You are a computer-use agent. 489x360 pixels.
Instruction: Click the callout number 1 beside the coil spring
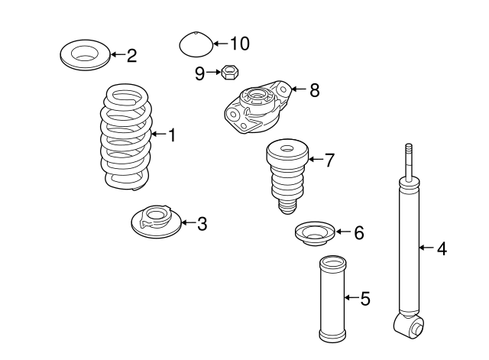[x=172, y=135]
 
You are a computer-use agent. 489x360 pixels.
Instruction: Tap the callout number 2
[x=131, y=54]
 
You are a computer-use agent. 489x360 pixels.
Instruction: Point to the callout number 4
[x=441, y=248]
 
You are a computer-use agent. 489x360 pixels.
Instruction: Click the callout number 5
[x=364, y=298]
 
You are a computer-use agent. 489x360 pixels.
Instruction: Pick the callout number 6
[x=358, y=232]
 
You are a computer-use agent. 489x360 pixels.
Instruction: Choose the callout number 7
[x=329, y=160]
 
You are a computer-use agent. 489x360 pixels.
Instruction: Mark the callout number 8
[x=314, y=90]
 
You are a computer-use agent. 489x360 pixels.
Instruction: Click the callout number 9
[x=199, y=73]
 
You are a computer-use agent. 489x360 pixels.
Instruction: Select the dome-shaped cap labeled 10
[x=196, y=45]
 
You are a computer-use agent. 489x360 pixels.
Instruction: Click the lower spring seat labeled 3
[x=156, y=220]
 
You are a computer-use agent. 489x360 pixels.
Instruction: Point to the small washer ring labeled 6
[x=313, y=233]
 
